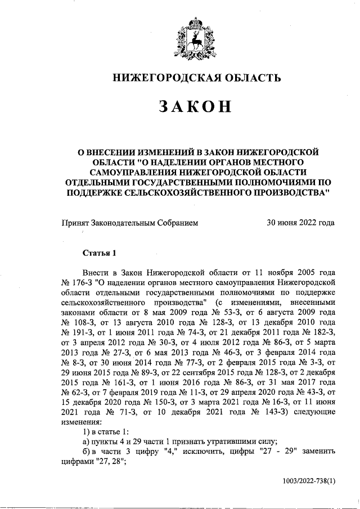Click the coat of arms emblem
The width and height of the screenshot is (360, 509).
[x=195, y=38]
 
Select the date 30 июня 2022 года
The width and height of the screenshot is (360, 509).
[x=300, y=223]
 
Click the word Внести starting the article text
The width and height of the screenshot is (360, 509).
[x=94, y=271]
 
